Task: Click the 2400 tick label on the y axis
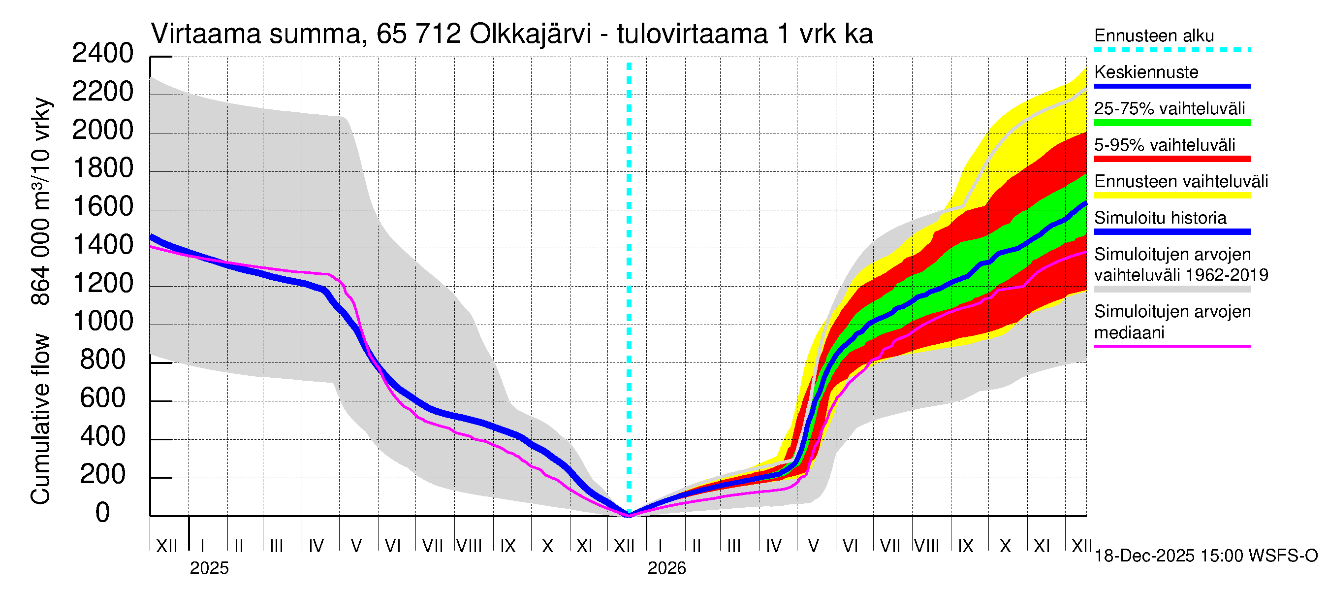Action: coord(103,53)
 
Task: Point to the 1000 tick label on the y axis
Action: coord(103,322)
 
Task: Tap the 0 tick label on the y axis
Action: coord(103,513)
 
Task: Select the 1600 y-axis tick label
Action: coord(103,206)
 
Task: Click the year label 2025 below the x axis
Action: coord(209,568)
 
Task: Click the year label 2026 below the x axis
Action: coord(666,568)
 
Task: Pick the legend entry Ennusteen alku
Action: coord(1154,36)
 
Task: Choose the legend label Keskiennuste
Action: coord(1146,72)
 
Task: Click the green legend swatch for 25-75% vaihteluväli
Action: coord(1171,123)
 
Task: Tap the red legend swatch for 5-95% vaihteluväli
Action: coord(1171,159)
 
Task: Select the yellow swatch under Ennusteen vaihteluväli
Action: coord(1171,196)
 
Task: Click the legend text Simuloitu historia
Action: coord(1160,218)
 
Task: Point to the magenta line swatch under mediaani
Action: coord(1171,346)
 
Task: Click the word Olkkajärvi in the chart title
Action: coord(530,34)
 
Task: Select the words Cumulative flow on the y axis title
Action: coord(40,419)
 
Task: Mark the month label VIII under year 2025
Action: coord(470,546)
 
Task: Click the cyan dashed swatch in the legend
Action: coord(1171,50)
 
